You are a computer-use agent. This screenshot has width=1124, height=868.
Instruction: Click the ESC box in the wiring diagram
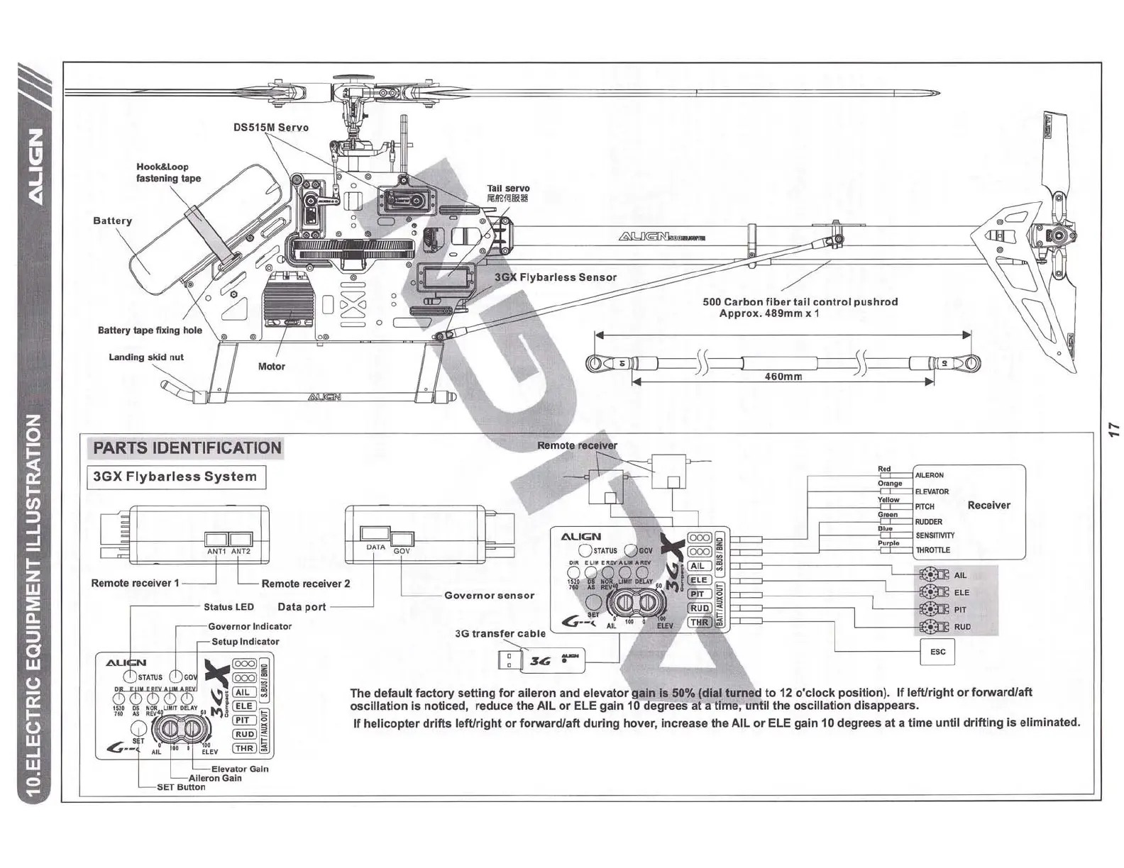(937, 652)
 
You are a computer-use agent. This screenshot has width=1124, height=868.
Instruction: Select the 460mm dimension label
(783, 377)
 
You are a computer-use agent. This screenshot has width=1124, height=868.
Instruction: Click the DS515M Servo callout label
(271, 128)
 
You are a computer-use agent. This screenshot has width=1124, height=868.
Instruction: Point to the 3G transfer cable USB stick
(542, 660)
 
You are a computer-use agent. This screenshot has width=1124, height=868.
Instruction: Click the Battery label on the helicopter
(113, 221)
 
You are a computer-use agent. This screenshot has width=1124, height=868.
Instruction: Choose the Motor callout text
(271, 367)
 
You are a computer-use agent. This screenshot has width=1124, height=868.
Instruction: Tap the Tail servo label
(508, 189)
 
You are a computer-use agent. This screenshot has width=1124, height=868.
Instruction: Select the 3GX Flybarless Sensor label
(556, 277)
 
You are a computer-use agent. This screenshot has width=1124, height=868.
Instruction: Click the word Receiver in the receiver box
(988, 505)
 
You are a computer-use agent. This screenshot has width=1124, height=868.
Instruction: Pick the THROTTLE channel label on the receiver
(932, 550)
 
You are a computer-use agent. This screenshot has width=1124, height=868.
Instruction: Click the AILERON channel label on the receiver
(930, 475)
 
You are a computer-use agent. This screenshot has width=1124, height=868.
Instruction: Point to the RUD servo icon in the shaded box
(933, 627)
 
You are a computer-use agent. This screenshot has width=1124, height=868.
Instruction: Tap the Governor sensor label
(489, 596)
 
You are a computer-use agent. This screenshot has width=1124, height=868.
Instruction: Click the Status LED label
(228, 607)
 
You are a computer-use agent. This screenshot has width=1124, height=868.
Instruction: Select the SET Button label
(180, 787)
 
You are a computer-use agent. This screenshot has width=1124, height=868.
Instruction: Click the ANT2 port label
(241, 551)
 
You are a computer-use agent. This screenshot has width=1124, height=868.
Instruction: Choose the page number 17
(1113, 428)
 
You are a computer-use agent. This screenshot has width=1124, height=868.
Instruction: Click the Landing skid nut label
(145, 357)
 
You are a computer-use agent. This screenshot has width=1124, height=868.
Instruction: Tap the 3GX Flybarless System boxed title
(175, 477)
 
